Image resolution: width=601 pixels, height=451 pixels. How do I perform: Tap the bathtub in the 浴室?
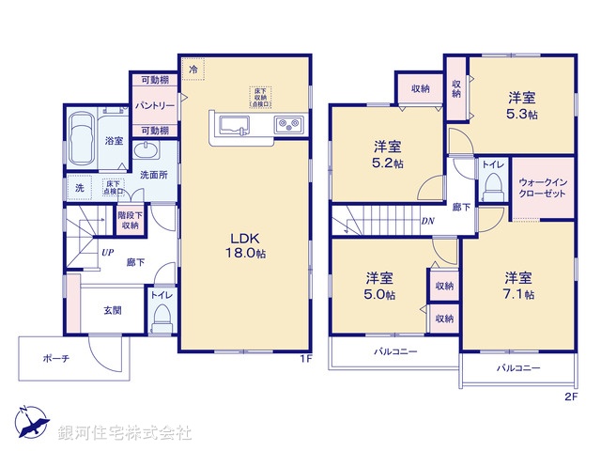[81, 127]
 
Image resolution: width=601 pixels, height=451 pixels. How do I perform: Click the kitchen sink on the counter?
[232, 125]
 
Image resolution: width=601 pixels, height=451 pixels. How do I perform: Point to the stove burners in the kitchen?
[286, 125]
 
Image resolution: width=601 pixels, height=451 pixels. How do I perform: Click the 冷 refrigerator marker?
[193, 70]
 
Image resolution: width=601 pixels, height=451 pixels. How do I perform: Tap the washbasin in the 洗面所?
[146, 154]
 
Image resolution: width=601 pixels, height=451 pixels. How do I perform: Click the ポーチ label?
[54, 358]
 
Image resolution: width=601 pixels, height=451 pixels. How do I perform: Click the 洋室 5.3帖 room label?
[523, 104]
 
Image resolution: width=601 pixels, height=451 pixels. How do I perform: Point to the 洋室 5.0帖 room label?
[380, 286]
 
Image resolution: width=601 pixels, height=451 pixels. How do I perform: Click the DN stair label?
[427, 222]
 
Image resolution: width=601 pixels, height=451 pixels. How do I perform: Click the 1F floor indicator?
[304, 359]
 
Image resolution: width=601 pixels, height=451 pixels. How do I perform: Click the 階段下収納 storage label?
[130, 220]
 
